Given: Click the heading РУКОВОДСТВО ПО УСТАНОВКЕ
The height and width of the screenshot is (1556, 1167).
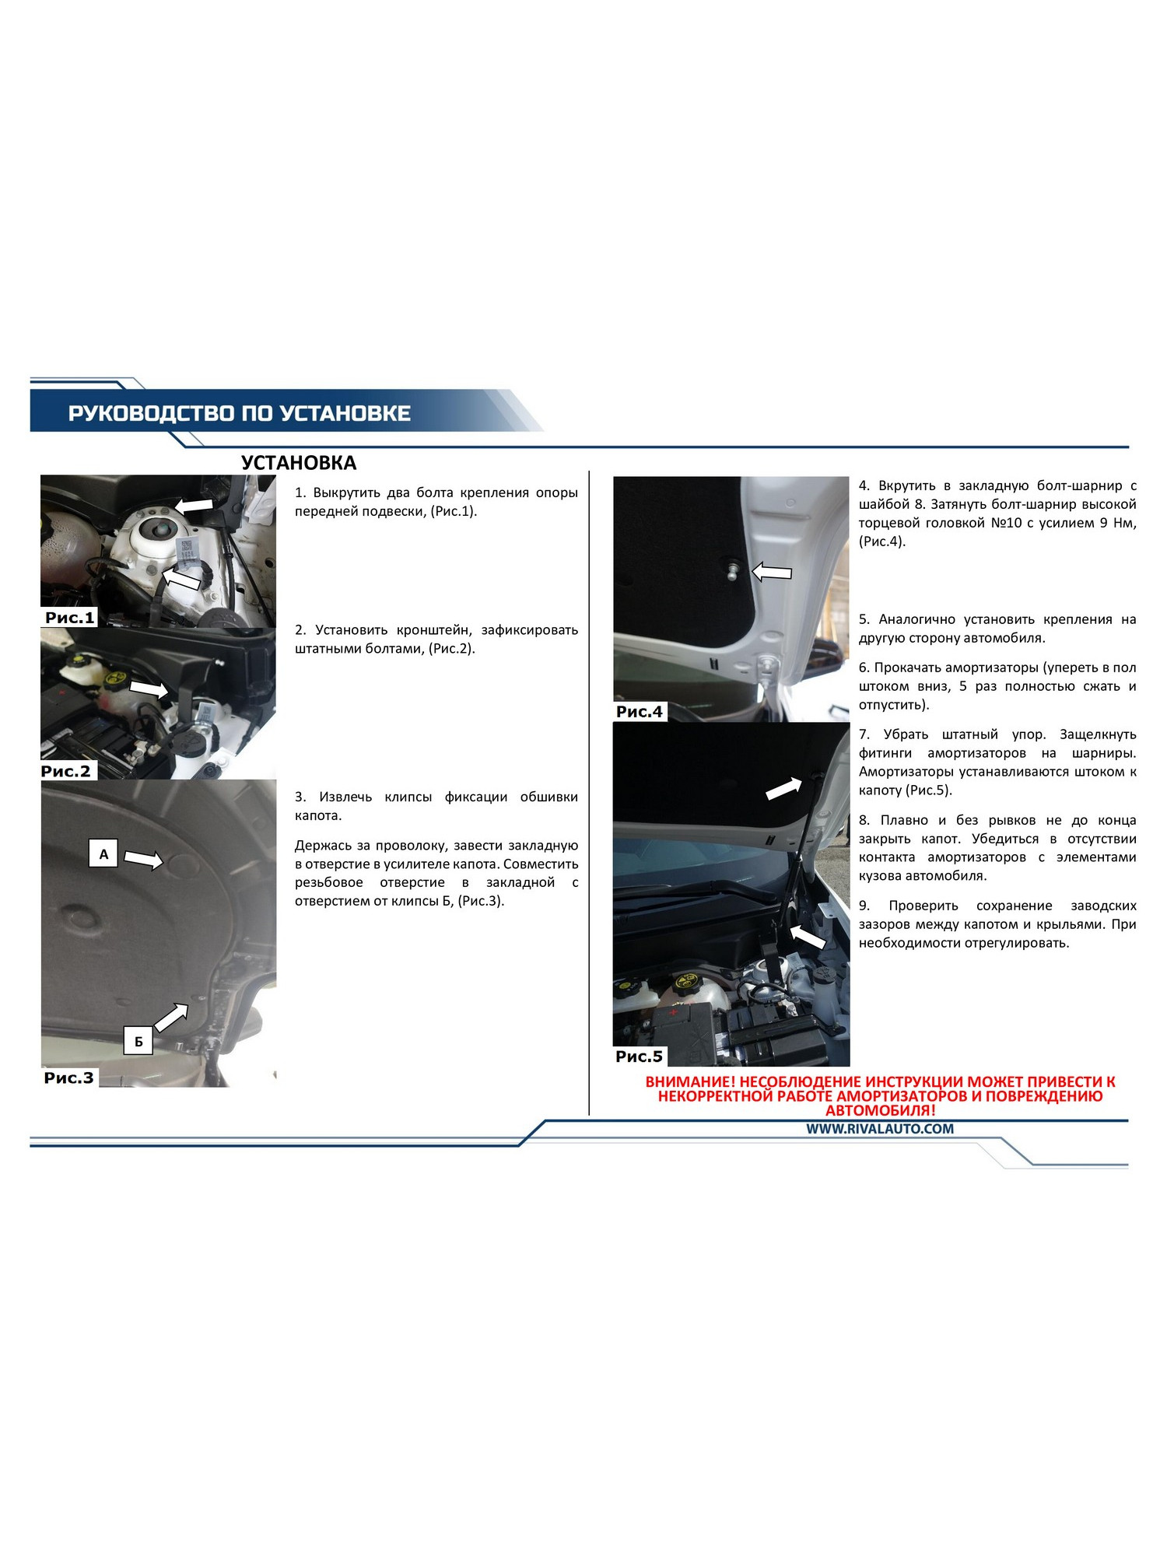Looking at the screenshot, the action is tap(239, 413).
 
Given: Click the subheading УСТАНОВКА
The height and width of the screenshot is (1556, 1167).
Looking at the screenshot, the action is tap(299, 463).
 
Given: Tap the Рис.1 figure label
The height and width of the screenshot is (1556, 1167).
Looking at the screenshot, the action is tap(70, 618).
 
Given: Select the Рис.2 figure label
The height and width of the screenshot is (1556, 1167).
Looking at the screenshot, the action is tap(66, 771).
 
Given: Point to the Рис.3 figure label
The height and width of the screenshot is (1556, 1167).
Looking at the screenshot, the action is tap(68, 1078).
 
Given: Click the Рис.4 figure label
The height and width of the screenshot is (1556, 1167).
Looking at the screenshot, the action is tap(640, 711).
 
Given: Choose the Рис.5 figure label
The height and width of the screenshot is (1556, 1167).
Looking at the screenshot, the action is tap(640, 1056).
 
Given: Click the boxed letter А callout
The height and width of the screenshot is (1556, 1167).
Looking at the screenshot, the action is tap(103, 854).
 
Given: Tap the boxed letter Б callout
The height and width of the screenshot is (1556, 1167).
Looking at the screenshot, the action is tap(138, 1041).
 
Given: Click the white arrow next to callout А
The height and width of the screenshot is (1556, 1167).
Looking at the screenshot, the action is tap(144, 859).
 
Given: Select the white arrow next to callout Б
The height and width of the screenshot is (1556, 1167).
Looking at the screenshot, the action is tap(170, 1018).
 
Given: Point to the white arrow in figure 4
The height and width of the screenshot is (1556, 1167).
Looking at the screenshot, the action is tap(772, 573).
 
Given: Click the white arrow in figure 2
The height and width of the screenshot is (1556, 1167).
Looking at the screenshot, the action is tap(149, 689).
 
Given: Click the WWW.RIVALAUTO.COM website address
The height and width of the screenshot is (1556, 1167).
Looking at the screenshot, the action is tap(880, 1129).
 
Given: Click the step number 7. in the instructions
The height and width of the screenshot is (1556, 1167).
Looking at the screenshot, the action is tap(864, 734).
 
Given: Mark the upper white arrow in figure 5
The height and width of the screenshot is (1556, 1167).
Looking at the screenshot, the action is tap(784, 788).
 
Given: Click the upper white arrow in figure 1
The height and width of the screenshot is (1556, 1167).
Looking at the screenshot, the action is tap(193, 505).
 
